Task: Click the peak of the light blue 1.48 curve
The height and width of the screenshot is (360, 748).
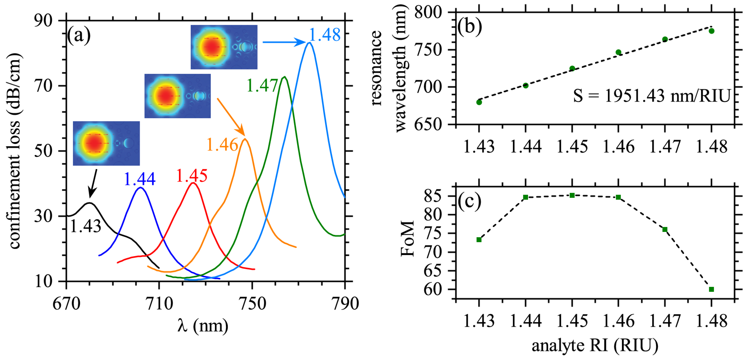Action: click(309, 43)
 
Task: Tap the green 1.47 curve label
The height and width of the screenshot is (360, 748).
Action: click(262, 86)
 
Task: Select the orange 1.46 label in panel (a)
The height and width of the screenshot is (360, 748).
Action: click(222, 145)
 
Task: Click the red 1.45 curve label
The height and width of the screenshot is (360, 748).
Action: click(192, 176)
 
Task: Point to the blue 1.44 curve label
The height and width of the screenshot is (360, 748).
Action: click(140, 179)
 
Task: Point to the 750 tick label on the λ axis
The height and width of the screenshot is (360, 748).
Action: click(252, 304)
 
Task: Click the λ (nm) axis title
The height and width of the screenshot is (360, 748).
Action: click(203, 326)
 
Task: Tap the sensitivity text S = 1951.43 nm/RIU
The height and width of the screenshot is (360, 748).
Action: click(652, 96)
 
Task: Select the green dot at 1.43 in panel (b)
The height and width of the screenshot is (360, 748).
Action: click(479, 102)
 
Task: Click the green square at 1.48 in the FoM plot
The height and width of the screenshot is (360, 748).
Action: click(711, 289)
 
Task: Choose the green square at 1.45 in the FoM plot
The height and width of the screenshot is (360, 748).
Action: click(572, 195)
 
